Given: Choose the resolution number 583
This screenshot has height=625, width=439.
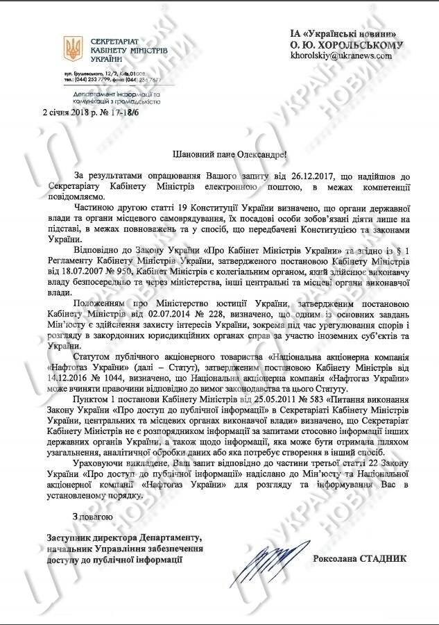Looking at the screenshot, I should point(302,401).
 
